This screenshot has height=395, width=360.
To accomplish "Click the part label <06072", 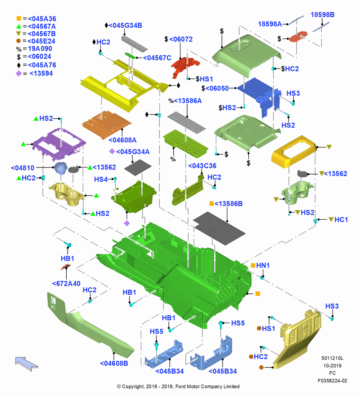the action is pyautogui.click(x=181, y=39).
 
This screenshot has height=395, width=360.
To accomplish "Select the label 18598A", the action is pyautogui.click(x=270, y=24).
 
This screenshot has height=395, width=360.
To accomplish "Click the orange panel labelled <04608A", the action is pyautogui.click(x=106, y=125).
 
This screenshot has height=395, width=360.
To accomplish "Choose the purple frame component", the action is pyautogui.click(x=59, y=144).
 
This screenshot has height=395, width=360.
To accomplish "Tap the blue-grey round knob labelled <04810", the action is pyautogui.click(x=61, y=167).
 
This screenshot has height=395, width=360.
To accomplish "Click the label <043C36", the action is pyautogui.click(x=202, y=166).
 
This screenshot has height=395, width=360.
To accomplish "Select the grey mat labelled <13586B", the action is pyautogui.click(x=219, y=228).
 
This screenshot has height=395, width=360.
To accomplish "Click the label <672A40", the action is pyautogui.click(x=66, y=283).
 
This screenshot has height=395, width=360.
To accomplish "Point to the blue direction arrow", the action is pyautogui.click(x=26, y=364).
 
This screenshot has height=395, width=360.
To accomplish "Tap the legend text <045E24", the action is pyautogui.click(x=41, y=41).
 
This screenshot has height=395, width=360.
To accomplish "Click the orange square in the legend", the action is pyautogui.click(x=19, y=19).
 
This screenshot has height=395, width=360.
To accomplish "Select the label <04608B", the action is pyautogui.click(x=114, y=363).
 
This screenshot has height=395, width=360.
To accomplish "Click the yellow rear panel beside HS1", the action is pyautogui.click(x=298, y=339).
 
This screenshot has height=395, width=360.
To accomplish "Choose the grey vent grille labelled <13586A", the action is pyautogui.click(x=186, y=122).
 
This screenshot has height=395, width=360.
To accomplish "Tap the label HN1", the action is pyautogui.click(x=263, y=265).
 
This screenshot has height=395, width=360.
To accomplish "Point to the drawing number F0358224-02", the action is pyautogui.click(x=332, y=381).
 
